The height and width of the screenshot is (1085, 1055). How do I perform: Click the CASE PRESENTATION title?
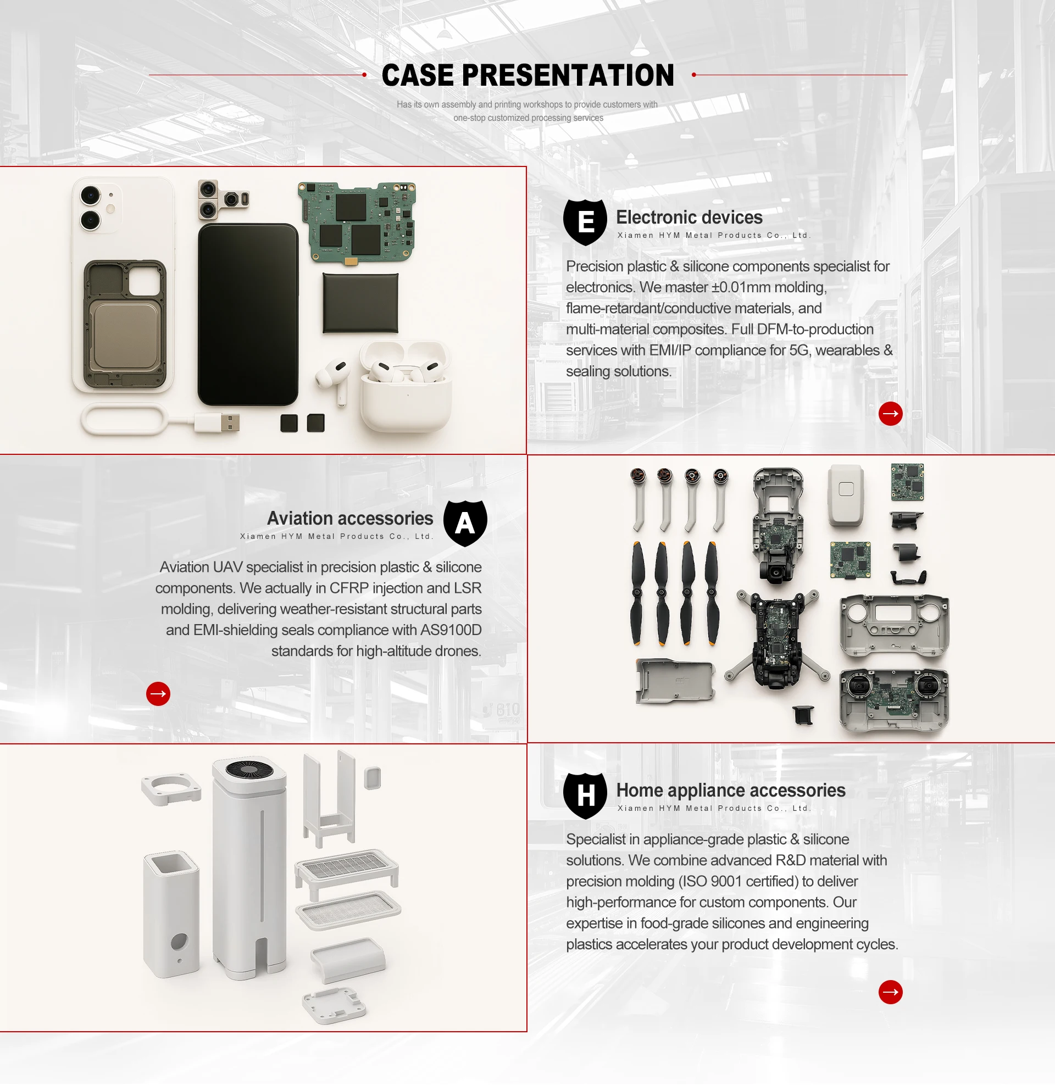coord(527,75)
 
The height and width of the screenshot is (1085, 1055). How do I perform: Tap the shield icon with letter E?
coord(585,222)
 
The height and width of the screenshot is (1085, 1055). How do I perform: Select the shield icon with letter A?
coord(465,523)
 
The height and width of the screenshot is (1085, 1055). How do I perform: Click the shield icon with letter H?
coord(585,795)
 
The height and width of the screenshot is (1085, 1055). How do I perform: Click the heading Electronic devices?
coord(688,217)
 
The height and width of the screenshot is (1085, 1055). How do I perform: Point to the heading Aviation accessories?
coord(349,519)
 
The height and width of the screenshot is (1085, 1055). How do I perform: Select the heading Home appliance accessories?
coord(730,791)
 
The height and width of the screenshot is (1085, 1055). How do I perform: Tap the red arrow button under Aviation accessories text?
coord(158,694)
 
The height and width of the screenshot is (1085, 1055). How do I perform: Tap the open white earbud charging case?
coord(406,388)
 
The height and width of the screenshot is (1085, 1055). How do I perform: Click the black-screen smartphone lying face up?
coord(248,314)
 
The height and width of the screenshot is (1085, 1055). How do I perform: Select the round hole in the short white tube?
coord(179,941)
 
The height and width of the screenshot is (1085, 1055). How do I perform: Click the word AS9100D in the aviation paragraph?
coord(451,630)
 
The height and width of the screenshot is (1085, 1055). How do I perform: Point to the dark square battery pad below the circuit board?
coord(360,303)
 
